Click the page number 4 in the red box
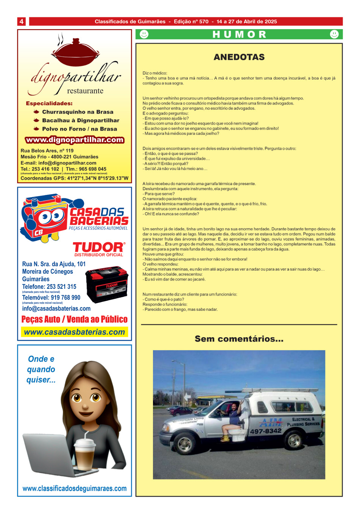[22, 22]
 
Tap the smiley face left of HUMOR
[144, 34]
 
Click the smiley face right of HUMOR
[334, 34]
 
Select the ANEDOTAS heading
[239, 57]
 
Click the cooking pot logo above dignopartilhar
[76, 52]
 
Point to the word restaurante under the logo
[85, 91]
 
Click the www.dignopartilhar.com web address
[75, 140]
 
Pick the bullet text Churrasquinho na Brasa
[78, 112]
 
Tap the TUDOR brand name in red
[98, 247]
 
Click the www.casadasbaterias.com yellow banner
[75, 332]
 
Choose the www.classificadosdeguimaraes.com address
[75, 488]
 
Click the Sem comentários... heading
[239, 339]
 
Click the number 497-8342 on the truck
[266, 431]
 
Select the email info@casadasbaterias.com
[56, 308]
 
